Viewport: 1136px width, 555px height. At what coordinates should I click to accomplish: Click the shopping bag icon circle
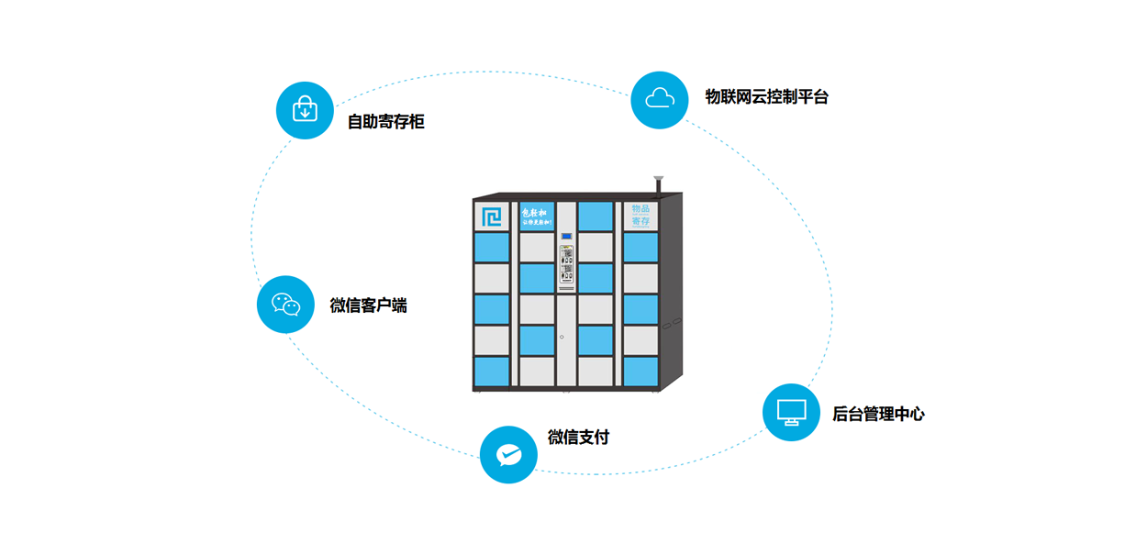(x=305, y=110)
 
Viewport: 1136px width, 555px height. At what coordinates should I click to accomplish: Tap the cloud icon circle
(x=660, y=99)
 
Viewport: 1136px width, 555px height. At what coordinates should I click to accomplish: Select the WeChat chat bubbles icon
(x=285, y=305)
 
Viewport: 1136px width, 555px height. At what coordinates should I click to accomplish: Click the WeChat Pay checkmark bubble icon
(x=508, y=454)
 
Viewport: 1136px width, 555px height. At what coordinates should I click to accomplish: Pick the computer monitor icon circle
(x=791, y=412)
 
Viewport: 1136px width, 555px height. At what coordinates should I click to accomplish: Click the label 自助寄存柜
(x=385, y=121)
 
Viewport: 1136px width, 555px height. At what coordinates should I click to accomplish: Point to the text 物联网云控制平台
(x=766, y=96)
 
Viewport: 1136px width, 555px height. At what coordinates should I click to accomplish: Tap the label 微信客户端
(x=368, y=305)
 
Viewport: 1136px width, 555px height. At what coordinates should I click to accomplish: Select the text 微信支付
(x=578, y=438)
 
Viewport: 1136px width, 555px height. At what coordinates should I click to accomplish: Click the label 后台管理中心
(x=878, y=414)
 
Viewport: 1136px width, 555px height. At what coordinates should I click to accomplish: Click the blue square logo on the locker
(x=492, y=216)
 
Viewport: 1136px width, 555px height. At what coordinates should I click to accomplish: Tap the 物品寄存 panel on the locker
(x=640, y=216)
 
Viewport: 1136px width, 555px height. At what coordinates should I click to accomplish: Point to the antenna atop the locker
(x=658, y=183)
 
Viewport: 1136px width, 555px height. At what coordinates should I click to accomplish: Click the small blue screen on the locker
(x=567, y=237)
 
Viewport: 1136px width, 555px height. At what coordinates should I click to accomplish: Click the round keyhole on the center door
(x=562, y=337)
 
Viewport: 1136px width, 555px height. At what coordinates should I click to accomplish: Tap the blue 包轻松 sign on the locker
(x=537, y=216)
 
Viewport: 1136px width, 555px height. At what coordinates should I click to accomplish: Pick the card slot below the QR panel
(x=567, y=288)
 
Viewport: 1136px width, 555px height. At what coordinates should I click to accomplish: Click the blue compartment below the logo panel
(x=492, y=247)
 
